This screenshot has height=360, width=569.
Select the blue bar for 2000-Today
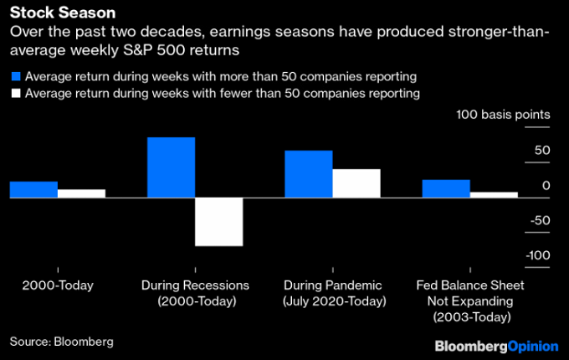pyautogui.click(x=33, y=190)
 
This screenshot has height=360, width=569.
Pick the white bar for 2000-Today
pyautogui.click(x=81, y=193)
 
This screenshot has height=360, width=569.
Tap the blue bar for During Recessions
pyautogui.click(x=171, y=167)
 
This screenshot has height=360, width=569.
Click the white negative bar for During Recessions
pyautogui.click(x=218, y=222)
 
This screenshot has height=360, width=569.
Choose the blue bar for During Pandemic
pyautogui.click(x=309, y=174)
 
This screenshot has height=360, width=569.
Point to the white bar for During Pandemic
pyautogui.click(x=356, y=183)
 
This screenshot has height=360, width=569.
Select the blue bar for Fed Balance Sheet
pyautogui.click(x=445, y=189)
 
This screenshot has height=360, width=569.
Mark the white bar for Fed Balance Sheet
pyautogui.click(x=494, y=195)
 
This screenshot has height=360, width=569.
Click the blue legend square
pyautogui.click(x=14, y=76)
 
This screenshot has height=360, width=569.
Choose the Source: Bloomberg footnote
pyautogui.click(x=61, y=342)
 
